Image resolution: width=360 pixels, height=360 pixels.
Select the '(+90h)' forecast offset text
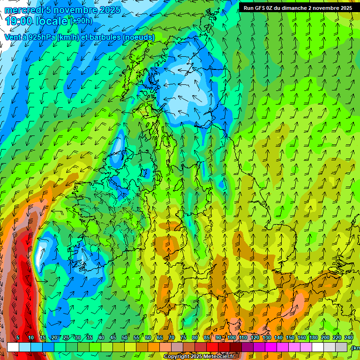(81, 21)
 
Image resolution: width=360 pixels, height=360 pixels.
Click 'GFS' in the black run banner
(260, 8)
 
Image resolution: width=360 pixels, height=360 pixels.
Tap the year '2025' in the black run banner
(344, 8)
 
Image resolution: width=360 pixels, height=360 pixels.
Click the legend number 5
(18, 338)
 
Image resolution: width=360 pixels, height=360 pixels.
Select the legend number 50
(125, 338)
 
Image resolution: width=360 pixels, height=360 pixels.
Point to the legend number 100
(232, 338)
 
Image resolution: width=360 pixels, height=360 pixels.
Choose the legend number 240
(349, 338)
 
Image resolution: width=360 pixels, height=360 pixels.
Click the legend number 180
(314, 338)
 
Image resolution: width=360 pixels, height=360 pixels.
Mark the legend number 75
(183, 338)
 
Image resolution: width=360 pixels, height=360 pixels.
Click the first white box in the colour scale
(13, 347)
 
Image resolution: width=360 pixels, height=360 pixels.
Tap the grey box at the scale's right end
(342, 347)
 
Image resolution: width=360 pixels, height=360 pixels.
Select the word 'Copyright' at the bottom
(176, 357)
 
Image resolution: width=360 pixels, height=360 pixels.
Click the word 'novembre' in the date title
(76, 10)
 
